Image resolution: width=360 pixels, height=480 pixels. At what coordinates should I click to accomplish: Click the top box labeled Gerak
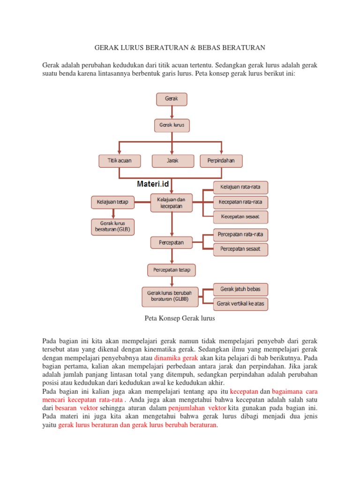click(172, 99)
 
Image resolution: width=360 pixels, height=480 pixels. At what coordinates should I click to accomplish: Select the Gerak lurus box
click(172, 125)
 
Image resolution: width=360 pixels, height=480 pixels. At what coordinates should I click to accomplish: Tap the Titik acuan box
click(120, 161)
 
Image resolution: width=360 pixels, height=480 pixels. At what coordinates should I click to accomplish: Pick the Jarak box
click(172, 161)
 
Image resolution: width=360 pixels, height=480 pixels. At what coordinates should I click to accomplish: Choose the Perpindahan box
click(221, 161)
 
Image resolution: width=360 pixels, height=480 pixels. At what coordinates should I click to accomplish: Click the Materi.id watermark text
click(153, 184)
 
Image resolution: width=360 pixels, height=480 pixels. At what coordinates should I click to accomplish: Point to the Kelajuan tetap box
click(112, 202)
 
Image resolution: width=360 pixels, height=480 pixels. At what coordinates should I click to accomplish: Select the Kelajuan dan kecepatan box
click(171, 202)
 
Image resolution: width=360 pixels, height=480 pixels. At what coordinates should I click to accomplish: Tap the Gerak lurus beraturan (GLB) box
click(112, 227)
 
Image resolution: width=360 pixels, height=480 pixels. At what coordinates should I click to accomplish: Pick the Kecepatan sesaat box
click(241, 217)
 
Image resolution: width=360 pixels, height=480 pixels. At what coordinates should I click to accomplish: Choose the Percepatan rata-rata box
click(241, 234)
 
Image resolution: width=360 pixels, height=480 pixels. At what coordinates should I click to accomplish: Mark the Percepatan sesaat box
click(241, 249)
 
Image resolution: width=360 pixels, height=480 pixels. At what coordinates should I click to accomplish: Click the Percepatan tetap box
click(172, 270)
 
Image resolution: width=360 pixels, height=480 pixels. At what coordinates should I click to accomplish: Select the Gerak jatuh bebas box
click(241, 289)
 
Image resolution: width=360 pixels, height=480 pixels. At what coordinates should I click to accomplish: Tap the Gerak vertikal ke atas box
click(241, 304)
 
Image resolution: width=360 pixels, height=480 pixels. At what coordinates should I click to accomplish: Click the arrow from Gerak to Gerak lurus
click(172, 112)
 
